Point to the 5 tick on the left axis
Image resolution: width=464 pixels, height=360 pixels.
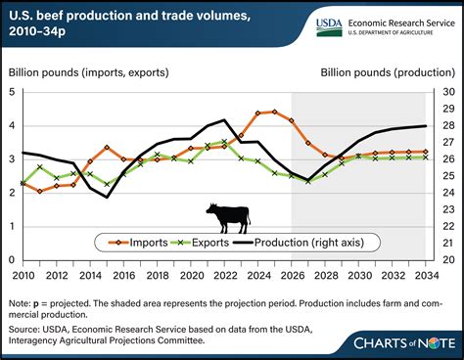tap(12, 91)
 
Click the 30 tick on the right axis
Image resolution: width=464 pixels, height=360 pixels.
tap(443, 91)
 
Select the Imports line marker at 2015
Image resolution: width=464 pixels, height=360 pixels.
tap(106, 147)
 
